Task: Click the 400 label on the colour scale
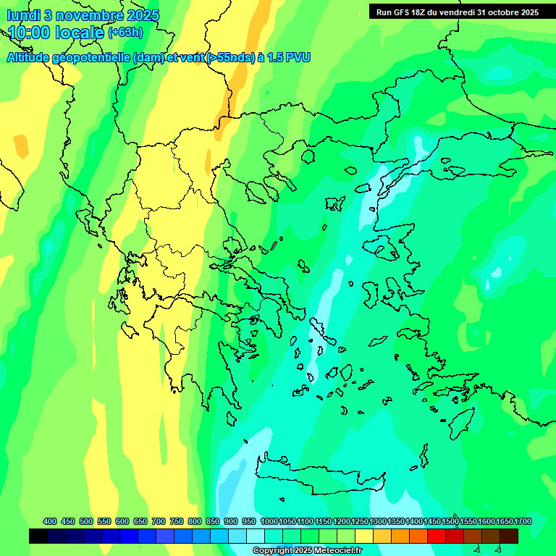pos(50,521)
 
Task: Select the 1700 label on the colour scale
pos(523,521)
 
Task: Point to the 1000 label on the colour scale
pos(269,521)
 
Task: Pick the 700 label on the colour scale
pos(159,521)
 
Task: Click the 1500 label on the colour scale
pos(450,521)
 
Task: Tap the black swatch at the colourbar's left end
pos(38,536)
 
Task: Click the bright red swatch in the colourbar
pos(437,536)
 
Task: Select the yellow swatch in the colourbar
pos(364,536)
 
